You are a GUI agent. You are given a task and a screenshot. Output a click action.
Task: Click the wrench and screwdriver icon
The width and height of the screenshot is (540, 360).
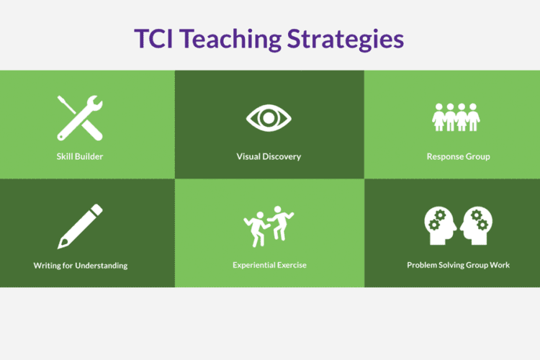click(x=80, y=117)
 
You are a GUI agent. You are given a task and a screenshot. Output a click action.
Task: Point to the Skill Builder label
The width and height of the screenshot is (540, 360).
click(x=80, y=156)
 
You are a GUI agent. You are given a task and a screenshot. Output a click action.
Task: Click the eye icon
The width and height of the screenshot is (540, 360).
click(x=269, y=117)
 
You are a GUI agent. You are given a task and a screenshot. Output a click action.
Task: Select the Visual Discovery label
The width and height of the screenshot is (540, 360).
click(x=269, y=156)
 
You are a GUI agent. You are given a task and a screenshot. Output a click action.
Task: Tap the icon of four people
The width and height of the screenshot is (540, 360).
click(x=456, y=117)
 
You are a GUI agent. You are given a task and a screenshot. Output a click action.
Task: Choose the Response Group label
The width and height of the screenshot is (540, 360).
click(x=458, y=156)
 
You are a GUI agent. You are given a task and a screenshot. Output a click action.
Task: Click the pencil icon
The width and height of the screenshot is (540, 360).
click(x=80, y=226)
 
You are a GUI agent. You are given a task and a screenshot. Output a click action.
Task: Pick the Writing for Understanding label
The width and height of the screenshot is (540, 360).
click(x=80, y=265)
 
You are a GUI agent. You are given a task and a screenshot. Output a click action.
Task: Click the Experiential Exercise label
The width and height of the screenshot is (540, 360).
click(x=269, y=265)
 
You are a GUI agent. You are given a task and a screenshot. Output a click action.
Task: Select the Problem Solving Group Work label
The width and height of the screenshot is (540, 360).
click(x=458, y=265)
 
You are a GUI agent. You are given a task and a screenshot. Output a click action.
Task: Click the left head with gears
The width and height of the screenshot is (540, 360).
click(x=438, y=225)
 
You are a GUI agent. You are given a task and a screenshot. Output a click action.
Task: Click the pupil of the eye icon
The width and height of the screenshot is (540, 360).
click(x=269, y=117)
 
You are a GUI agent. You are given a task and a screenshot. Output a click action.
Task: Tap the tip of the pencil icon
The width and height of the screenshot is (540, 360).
click(x=61, y=246)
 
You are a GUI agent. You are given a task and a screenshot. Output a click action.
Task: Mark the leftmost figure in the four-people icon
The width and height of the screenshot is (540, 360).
click(x=438, y=117)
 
